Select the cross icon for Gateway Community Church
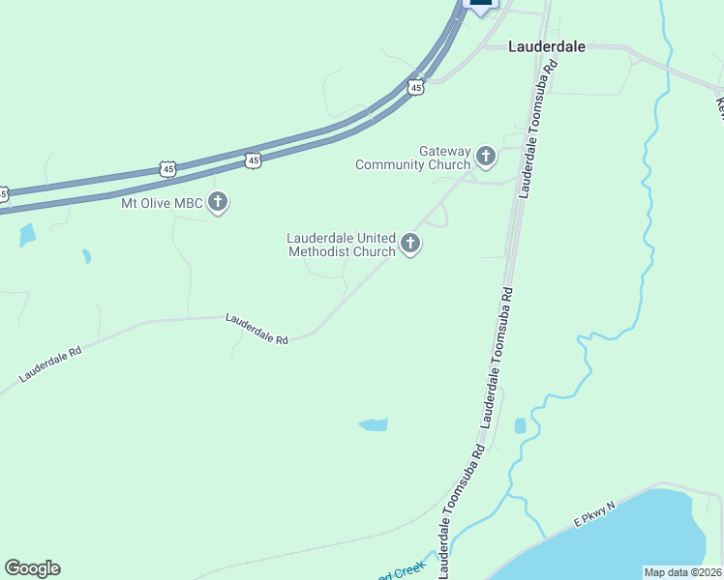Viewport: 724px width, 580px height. pyautogui.click(x=486, y=156)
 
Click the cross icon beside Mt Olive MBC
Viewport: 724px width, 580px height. pyautogui.click(x=219, y=203)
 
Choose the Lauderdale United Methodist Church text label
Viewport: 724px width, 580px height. pyautogui.click(x=342, y=245)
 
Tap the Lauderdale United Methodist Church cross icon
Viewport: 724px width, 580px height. pyautogui.click(x=410, y=244)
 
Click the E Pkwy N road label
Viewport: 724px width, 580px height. pyautogui.click(x=594, y=513)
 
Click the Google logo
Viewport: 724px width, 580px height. pyautogui.click(x=32, y=568)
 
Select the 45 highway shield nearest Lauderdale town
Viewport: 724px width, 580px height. pyautogui.click(x=415, y=88)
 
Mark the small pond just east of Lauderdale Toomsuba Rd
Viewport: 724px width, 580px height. pyautogui.click(x=520, y=425)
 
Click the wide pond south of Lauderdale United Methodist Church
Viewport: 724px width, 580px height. pyautogui.click(x=374, y=424)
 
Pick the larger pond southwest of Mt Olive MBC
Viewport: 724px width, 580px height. pyautogui.click(x=27, y=235)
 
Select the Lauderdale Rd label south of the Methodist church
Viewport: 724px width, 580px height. pyautogui.click(x=257, y=329)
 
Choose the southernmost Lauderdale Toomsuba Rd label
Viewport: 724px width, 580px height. pyautogui.click(x=461, y=511)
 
